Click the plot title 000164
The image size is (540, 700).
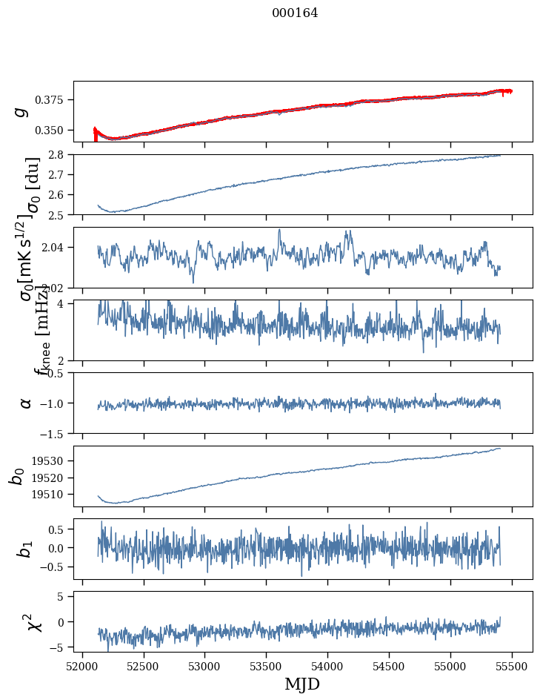[x=295, y=13]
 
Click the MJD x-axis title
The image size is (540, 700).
[x=302, y=684]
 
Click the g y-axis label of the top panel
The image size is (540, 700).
[x=22, y=110]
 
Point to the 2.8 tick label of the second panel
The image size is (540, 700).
[x=60, y=154]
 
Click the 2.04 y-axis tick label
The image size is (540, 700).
[x=56, y=247]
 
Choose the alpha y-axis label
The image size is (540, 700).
[x=26, y=403]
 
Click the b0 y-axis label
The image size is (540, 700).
[x=18, y=476]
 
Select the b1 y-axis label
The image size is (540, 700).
[x=25, y=549]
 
